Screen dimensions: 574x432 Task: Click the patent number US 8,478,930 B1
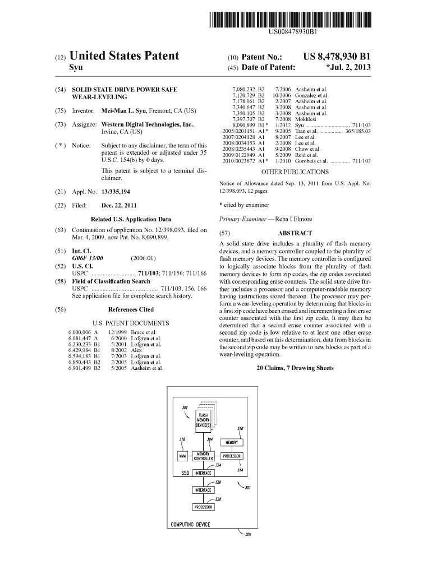click(x=337, y=57)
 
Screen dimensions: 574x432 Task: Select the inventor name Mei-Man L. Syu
click(x=128, y=110)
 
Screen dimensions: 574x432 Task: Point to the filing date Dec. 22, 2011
click(x=118, y=205)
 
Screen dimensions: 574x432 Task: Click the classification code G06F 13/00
click(x=90, y=258)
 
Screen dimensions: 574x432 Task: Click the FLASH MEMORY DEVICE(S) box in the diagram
click(x=203, y=419)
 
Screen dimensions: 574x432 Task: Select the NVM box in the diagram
click(x=183, y=456)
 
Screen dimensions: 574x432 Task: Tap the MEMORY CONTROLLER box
click(x=202, y=456)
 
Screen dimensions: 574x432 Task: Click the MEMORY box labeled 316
click(x=232, y=442)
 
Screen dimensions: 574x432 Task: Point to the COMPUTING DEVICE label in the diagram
click(x=190, y=525)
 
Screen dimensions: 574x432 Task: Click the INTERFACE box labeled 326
click(x=203, y=490)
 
